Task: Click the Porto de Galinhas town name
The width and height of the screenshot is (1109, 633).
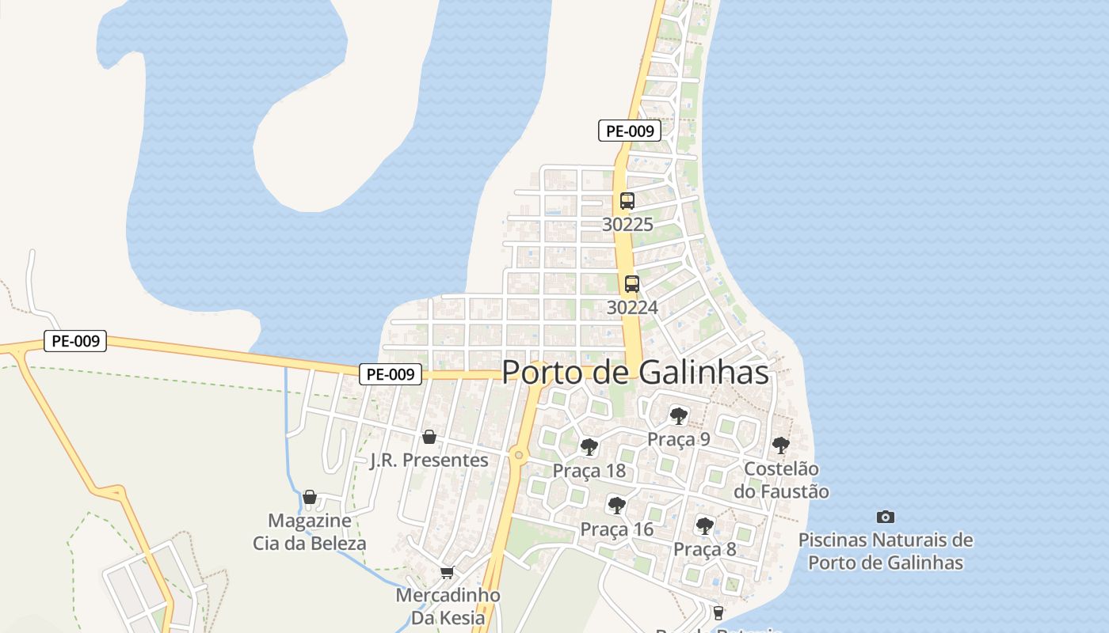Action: point(635,373)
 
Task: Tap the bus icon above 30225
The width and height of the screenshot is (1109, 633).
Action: point(627,201)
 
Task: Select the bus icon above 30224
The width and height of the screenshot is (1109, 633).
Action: point(632,284)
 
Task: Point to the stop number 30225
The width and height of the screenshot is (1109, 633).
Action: point(627,225)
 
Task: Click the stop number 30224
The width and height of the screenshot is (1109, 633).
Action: point(632,307)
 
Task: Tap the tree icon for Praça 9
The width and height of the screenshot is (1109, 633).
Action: point(678,415)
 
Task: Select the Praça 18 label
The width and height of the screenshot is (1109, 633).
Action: point(589,471)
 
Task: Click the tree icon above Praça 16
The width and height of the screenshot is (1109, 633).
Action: point(616,506)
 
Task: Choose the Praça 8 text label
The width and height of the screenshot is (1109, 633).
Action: point(704,549)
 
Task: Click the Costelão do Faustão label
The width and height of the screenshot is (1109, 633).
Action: point(781,480)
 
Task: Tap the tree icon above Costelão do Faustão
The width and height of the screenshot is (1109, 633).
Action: point(781,445)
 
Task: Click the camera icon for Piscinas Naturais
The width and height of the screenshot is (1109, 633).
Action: point(886,517)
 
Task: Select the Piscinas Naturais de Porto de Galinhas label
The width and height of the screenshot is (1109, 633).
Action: point(886,552)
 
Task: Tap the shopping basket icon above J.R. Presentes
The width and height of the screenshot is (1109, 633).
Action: point(429,437)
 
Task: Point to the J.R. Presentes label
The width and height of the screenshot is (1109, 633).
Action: point(429,461)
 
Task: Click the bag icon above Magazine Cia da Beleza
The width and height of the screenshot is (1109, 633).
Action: point(310,498)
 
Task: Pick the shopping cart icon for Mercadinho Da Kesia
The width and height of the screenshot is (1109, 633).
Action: point(448,572)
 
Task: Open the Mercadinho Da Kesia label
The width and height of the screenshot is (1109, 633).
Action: point(448,605)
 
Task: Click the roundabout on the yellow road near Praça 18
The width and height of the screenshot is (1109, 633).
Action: point(518,454)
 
